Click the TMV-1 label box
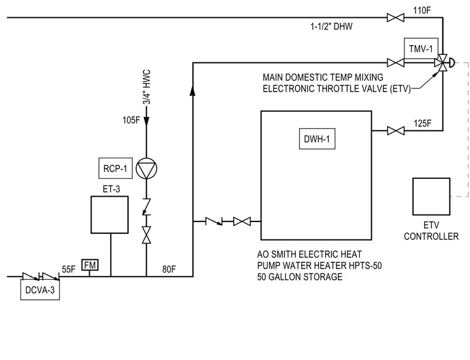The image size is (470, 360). click(421, 48)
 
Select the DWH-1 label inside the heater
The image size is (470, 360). click(317, 139)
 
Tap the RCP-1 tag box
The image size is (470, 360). click(116, 168)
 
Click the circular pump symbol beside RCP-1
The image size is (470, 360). click(147, 168)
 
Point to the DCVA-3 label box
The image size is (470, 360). click(40, 290)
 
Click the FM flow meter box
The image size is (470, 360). click(90, 265)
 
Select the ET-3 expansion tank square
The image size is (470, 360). click(109, 215)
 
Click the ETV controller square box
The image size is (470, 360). click(431, 197)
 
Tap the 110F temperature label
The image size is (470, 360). click(422, 11)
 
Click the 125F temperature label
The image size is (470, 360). click(422, 123)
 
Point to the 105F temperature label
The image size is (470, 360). click(131, 120)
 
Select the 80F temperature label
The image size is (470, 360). click(169, 270)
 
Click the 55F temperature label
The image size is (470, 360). click(69, 270)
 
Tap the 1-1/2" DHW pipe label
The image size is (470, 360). click(331, 27)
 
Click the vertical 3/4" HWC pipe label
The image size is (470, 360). click(147, 87)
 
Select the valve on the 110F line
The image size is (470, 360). click(396, 18)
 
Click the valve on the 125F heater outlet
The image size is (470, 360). click(396, 131)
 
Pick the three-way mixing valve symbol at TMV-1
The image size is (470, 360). click(443, 63)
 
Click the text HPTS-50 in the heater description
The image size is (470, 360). click(365, 265)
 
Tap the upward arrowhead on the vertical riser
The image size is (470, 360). click(193, 90)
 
